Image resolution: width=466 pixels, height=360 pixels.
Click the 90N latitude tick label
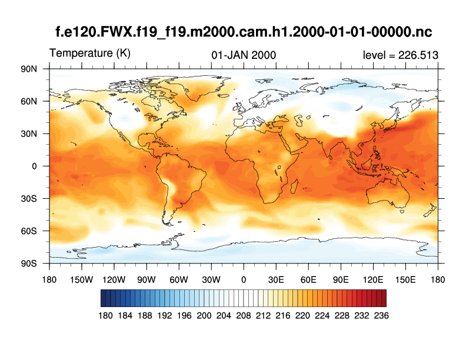click(29, 69)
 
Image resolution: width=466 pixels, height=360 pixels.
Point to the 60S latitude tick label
click(29, 231)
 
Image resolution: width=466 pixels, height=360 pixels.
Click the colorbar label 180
click(105, 315)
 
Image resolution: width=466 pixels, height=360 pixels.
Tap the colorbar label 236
click(381, 315)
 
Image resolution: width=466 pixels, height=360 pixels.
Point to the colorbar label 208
click(243, 315)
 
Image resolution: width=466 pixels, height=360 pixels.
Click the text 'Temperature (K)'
click(90, 54)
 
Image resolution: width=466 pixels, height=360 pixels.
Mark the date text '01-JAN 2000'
click(244, 55)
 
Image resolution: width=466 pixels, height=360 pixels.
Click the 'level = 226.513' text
click(401, 55)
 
